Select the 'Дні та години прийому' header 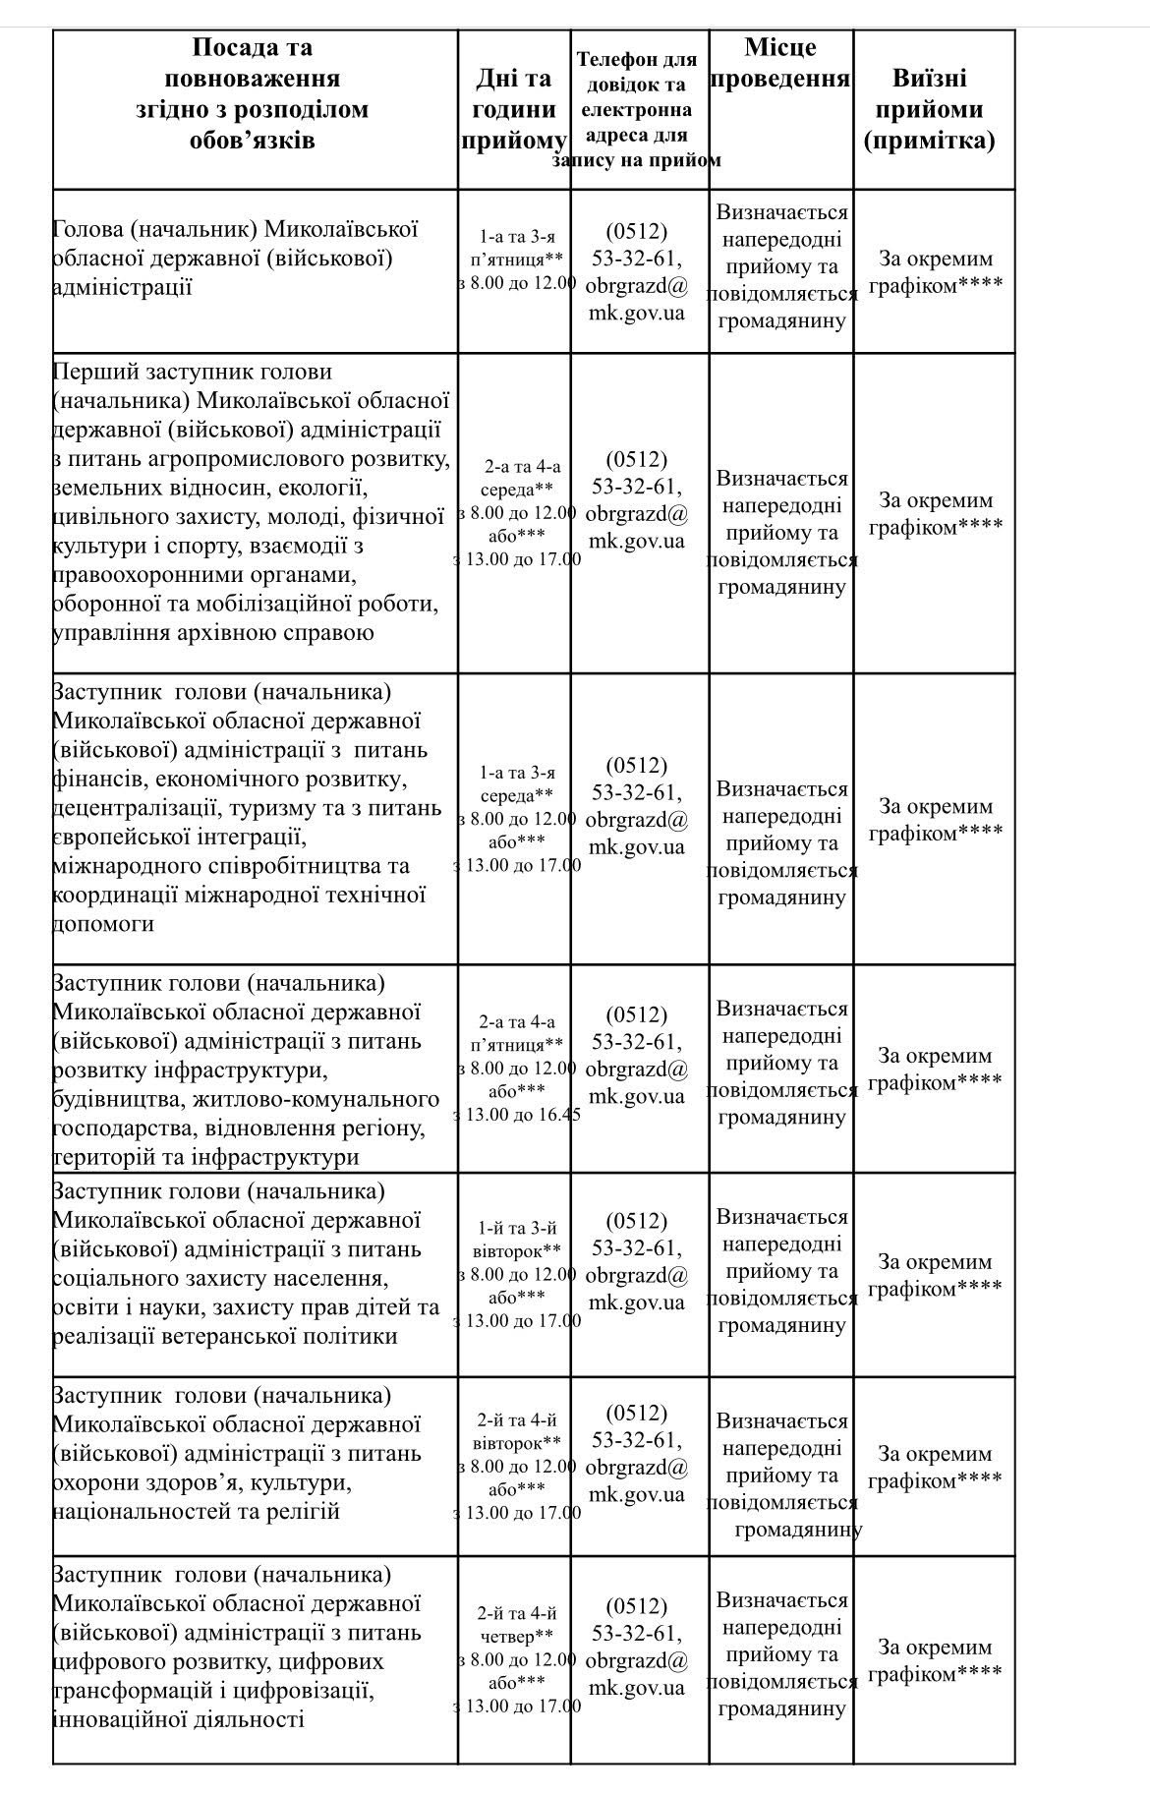coord(514,108)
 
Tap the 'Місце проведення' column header coord(779,63)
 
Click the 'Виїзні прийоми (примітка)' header coord(929,108)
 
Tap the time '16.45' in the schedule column coord(558,1115)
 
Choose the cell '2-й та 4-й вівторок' coord(517,1431)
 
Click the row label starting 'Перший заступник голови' coord(192,372)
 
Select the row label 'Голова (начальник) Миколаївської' coord(236,229)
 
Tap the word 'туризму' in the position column coord(317,808)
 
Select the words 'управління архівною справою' coord(213,632)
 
